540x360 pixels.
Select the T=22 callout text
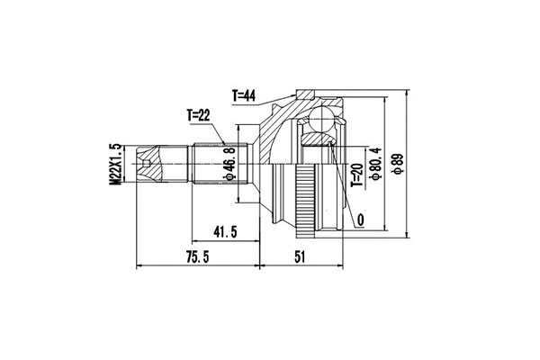tap(199, 115)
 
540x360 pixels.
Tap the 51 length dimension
tap(301, 256)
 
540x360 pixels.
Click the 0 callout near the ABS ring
tap(360, 219)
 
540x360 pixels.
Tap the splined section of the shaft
tap(207, 164)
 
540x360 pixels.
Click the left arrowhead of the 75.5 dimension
tap(138, 266)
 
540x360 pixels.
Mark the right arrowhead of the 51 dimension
tap(345, 266)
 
